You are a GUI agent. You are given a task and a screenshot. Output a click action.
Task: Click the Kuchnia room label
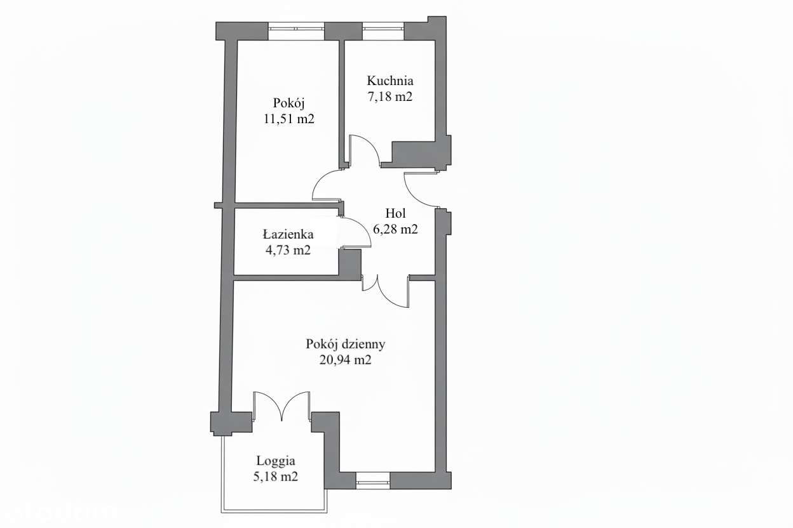(390, 81)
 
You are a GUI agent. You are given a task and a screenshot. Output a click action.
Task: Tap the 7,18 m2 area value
(390, 96)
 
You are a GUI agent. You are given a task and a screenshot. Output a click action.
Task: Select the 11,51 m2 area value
(289, 118)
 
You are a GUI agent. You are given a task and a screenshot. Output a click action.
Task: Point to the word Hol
(395, 214)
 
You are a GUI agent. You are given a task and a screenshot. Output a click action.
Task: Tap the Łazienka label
(288, 234)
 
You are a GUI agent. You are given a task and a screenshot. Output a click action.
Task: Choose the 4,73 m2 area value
(288, 250)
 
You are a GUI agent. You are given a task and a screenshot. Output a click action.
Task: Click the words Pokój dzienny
(346, 345)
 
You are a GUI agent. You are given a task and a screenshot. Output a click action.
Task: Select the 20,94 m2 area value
(346, 360)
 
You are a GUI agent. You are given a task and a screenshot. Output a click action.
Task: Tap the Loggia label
(276, 461)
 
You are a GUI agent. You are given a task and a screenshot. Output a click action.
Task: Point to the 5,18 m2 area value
(276, 477)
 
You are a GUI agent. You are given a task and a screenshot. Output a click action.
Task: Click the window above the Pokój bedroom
(296, 31)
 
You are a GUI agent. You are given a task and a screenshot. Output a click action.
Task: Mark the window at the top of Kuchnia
(383, 31)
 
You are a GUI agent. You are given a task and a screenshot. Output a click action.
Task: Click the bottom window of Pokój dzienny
(372, 480)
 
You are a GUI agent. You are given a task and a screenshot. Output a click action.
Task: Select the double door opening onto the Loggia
(282, 406)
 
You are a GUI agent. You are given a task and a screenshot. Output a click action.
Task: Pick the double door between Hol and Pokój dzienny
(386, 290)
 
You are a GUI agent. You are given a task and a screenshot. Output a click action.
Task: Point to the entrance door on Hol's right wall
(420, 189)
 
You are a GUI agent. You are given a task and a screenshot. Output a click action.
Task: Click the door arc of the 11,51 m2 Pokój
(327, 186)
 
